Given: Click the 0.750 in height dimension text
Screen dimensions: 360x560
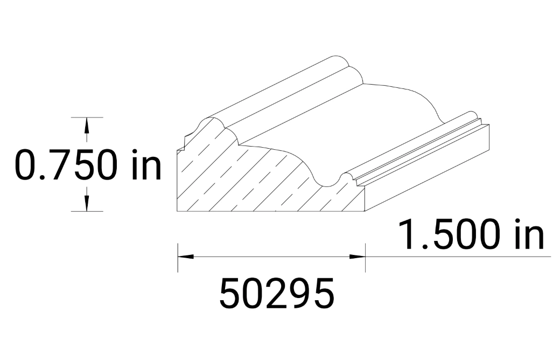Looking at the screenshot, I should pyautogui.click(x=88, y=164).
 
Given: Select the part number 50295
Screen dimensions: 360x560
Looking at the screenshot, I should pyautogui.click(x=277, y=294).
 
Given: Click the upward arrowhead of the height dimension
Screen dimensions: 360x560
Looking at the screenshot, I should pyautogui.click(x=86, y=126).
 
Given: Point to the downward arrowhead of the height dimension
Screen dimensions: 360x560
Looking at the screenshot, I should pyautogui.click(x=86, y=203).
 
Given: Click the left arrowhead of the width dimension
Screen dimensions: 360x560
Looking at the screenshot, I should pyautogui.click(x=184, y=256).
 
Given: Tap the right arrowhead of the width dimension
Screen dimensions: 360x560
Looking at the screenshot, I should pyautogui.click(x=359, y=256).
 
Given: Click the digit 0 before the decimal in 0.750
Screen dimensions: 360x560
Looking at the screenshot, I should pyautogui.click(x=26, y=165).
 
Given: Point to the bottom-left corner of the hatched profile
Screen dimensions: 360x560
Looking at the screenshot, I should pyautogui.click(x=178, y=211).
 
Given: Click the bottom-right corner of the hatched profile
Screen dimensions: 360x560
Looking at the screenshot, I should pyautogui.click(x=366, y=211).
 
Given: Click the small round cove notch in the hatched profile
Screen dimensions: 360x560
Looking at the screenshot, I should pyautogui.click(x=343, y=178).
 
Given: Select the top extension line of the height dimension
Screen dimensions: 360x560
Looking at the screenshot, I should pyautogui.click(x=86, y=117).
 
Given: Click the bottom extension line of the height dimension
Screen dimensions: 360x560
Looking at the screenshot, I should pyautogui.click(x=86, y=211).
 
